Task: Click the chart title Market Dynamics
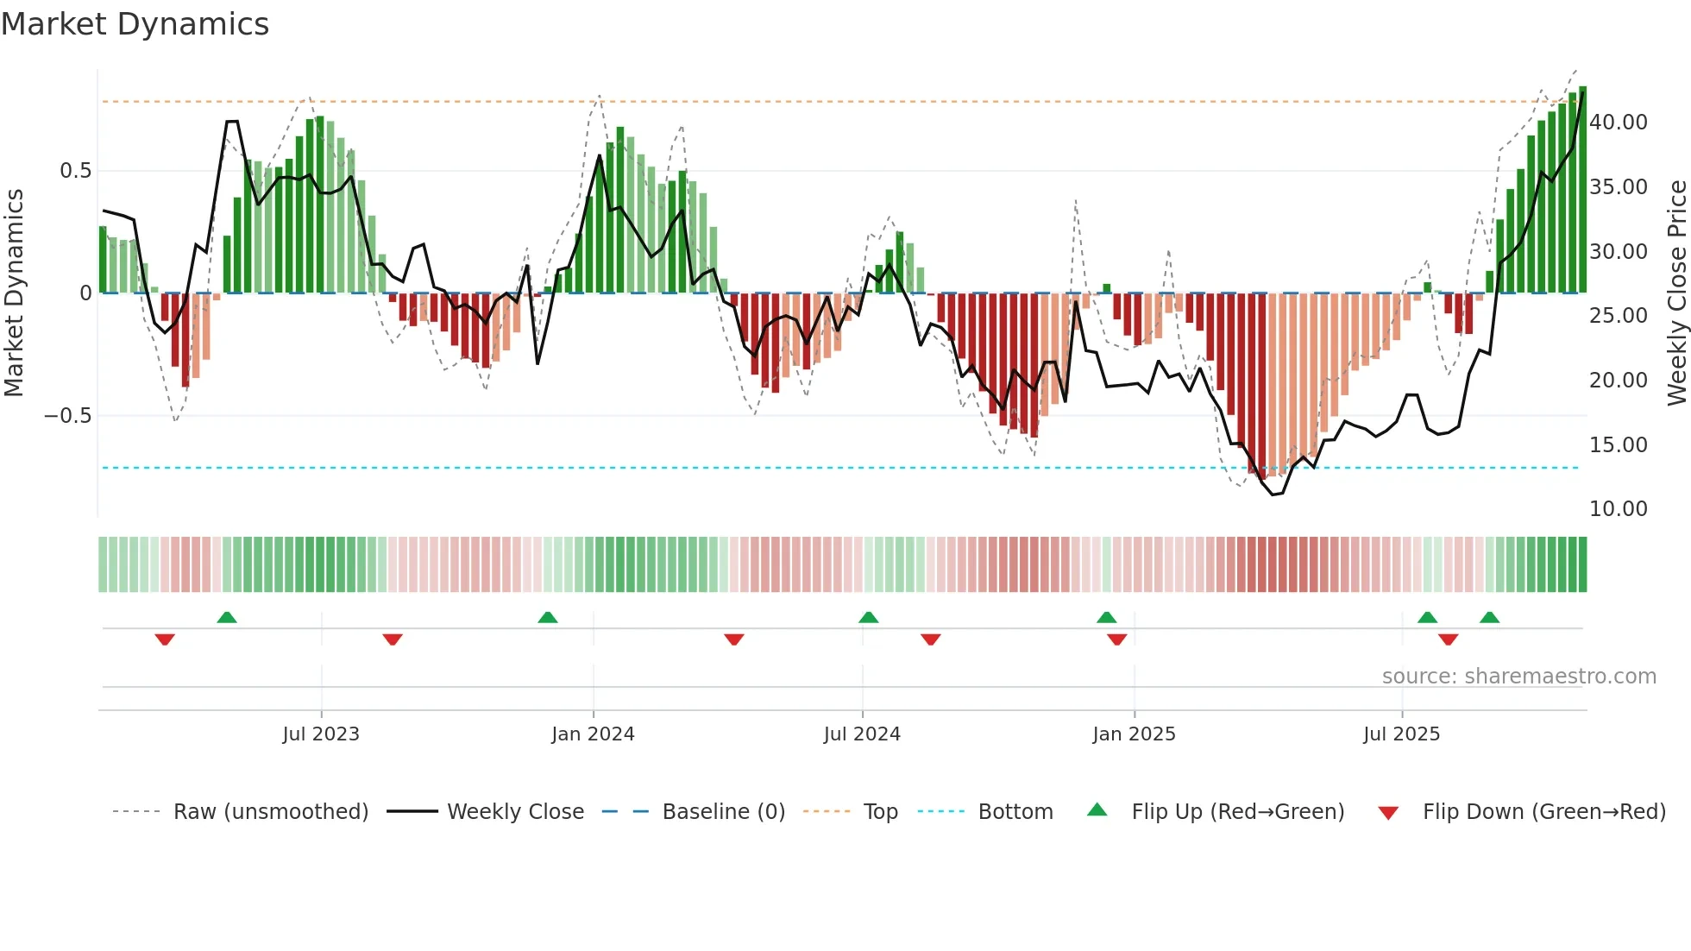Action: (135, 24)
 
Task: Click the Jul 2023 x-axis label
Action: (321, 734)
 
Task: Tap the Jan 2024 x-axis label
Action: (593, 734)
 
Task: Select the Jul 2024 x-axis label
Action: (862, 734)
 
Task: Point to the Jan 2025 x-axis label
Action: (1134, 734)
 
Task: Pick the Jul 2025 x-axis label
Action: (1402, 734)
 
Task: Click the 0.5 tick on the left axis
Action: (76, 171)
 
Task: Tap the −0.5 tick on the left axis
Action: (68, 416)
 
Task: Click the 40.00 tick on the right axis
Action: (1619, 123)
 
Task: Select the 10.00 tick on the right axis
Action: (1619, 509)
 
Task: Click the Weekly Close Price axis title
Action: (1676, 293)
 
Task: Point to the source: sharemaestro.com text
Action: (1518, 677)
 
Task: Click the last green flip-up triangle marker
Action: (1489, 617)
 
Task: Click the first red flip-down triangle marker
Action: (165, 639)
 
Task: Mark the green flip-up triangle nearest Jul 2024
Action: (869, 617)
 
